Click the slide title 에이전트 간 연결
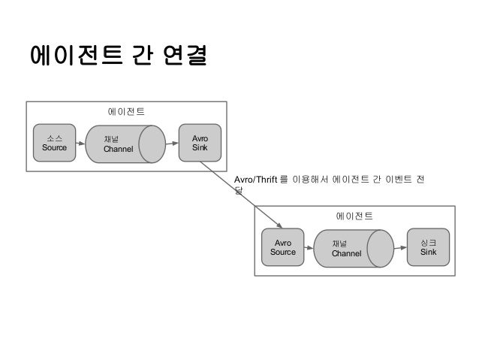(118, 56)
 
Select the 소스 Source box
(55, 143)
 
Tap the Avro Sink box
(200, 143)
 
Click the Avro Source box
(283, 248)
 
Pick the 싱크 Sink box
(428, 247)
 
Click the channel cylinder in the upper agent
(125, 144)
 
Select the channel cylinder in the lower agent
(354, 249)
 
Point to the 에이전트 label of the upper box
(125, 113)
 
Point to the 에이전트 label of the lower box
(354, 216)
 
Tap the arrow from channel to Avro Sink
(173, 144)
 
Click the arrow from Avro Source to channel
(309, 248)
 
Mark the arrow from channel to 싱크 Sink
(401, 248)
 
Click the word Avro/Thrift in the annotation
(255, 180)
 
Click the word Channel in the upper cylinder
(118, 149)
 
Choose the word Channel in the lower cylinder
(346, 254)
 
